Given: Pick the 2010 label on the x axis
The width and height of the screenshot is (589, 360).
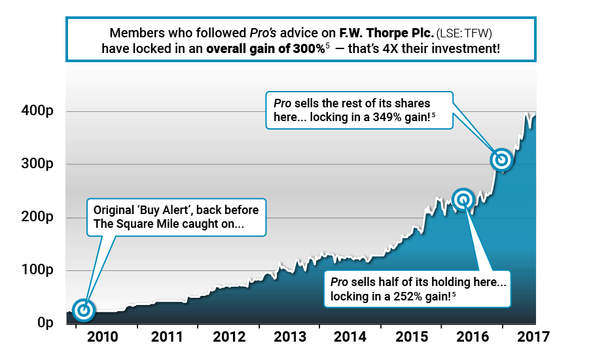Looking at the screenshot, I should coord(103,338).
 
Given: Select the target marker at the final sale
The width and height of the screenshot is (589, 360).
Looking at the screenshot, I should coord(502,159).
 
